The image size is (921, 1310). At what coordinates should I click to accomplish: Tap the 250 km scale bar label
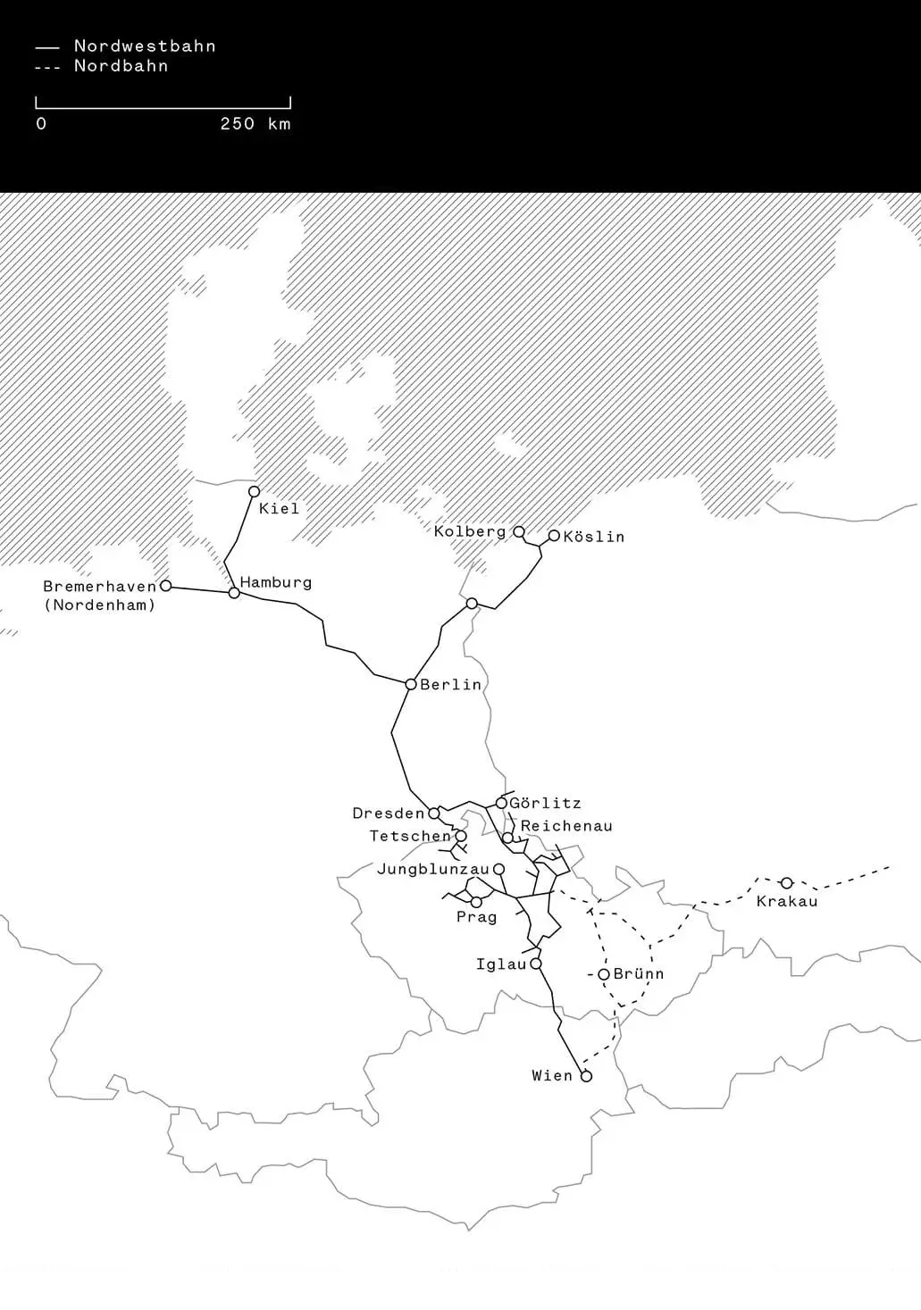255,124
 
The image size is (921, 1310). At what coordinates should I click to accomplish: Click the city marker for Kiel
254,491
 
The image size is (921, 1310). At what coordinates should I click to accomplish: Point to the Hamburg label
276,582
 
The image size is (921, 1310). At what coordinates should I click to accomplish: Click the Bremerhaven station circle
165,586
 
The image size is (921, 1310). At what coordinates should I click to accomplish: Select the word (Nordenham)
99,605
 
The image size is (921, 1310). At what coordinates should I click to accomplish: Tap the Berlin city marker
411,684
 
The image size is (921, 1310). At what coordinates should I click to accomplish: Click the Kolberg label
470,531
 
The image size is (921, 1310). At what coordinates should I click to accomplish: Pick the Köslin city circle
554,536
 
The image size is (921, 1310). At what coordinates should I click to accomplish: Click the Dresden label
389,814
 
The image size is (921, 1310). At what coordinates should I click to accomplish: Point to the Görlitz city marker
501,803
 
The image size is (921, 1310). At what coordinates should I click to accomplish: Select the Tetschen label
411,837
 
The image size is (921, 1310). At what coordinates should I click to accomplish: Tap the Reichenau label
566,826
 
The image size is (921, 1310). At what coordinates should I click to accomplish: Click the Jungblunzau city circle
498,869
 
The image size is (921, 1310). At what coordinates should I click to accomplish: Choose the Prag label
476,917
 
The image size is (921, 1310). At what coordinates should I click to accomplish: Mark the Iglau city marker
536,964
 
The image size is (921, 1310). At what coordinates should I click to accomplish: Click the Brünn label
639,973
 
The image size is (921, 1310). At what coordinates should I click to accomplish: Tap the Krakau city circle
786,883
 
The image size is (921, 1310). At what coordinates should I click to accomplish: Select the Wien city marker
586,1076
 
